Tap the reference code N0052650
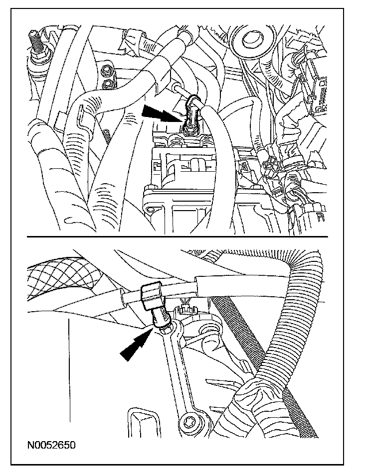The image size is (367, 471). click(x=48, y=444)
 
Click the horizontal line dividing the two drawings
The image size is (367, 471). click(x=183, y=236)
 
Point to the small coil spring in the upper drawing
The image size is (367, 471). click(x=108, y=137)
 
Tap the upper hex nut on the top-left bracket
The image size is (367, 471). click(x=106, y=70)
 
